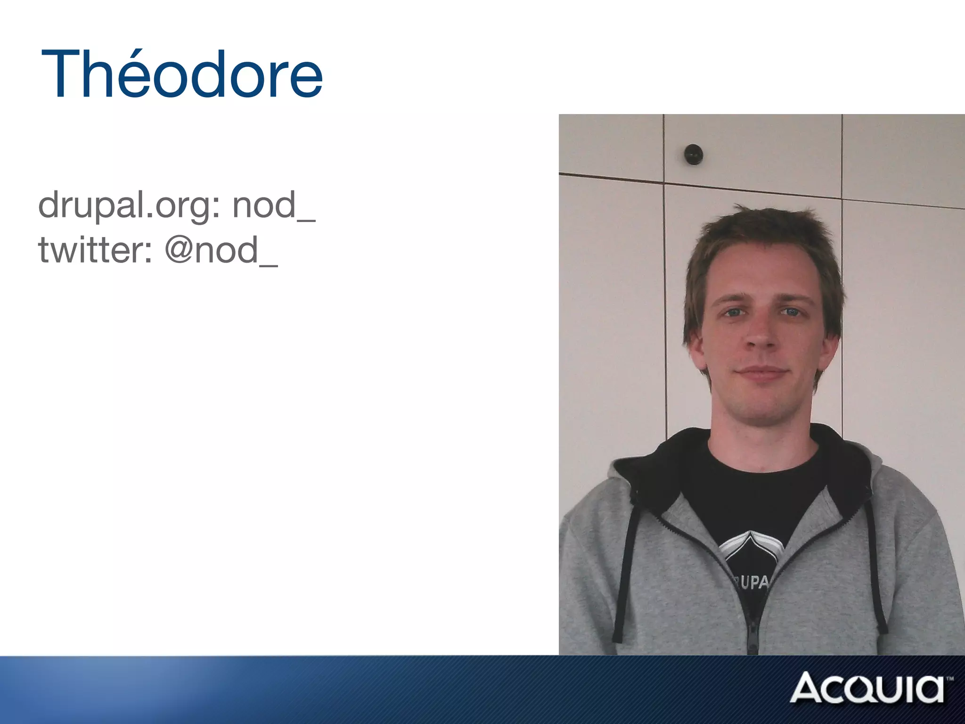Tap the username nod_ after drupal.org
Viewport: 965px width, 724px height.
pos(274,206)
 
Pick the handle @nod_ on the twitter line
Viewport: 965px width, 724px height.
pos(221,250)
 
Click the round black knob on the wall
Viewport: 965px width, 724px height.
pos(693,154)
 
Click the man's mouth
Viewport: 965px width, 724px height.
pos(762,372)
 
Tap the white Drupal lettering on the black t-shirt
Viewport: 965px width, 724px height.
pos(752,583)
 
